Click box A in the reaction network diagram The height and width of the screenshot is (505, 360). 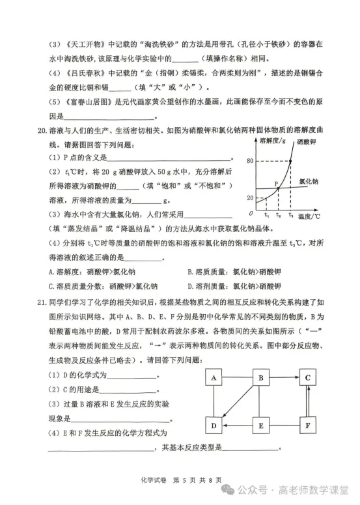coord(214,377)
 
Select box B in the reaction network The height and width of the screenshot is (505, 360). coord(261,377)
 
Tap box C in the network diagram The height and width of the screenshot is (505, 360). coord(308,377)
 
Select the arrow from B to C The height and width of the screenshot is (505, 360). coord(284,377)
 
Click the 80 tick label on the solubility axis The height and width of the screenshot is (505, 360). coord(250,161)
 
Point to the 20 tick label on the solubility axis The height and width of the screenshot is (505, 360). coord(250,197)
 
